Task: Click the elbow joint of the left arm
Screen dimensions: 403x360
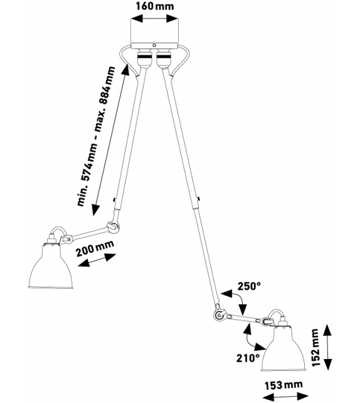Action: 113,225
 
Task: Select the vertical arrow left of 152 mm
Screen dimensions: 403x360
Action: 327,348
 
